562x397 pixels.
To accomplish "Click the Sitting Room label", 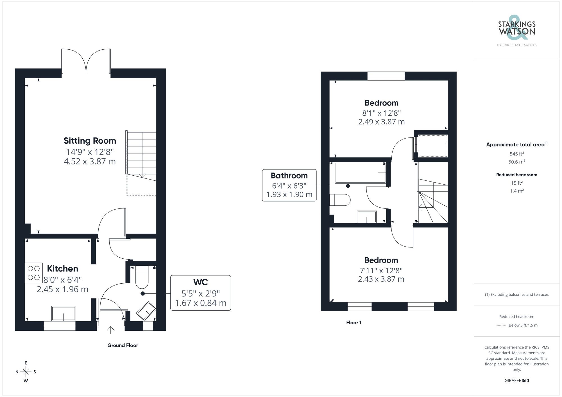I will [90, 141].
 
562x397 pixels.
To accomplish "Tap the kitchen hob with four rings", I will [34, 273].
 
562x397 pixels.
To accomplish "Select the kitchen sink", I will [64, 313].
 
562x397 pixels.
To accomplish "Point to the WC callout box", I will [201, 293].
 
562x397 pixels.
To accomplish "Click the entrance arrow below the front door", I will [111, 330].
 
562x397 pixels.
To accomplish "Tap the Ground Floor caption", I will [123, 345].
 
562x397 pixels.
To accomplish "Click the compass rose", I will [26, 372].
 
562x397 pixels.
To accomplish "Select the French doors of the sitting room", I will [86, 61].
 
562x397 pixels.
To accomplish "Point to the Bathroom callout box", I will [289, 185].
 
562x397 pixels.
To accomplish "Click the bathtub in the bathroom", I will [360, 173].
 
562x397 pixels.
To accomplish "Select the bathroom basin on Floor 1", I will [367, 217].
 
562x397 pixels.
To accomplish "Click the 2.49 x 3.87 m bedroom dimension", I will [381, 122].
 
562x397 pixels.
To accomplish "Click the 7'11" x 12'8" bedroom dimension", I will [381, 270].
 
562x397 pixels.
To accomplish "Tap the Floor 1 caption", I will [354, 323].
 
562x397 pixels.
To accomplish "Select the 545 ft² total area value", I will [516, 154].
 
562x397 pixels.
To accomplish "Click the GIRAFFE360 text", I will [516, 381].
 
